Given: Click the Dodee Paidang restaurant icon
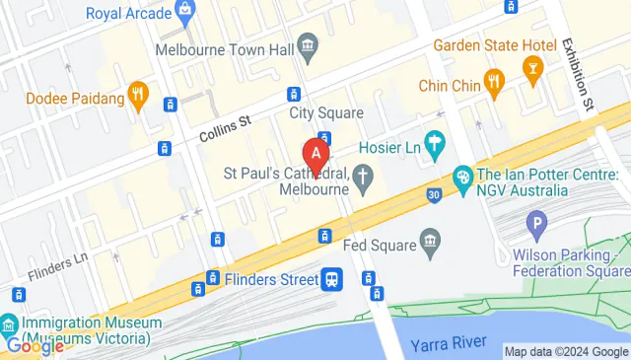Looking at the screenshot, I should [138, 98].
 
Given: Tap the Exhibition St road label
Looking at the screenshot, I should [579, 75].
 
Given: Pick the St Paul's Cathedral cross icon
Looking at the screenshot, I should [364, 178].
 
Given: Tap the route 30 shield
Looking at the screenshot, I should [434, 195].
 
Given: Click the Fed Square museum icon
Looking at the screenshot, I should [429, 240].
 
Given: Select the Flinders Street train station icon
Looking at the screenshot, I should [333, 280].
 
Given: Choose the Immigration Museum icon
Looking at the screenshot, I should [9, 324].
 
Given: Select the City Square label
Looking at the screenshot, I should [326, 113].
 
